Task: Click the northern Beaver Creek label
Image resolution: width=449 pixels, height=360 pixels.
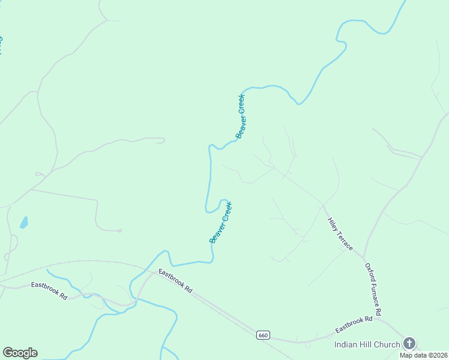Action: tap(241, 116)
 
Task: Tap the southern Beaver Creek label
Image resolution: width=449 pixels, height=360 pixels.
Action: tap(220, 223)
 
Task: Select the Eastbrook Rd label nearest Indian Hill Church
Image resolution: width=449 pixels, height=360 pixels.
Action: tap(354, 324)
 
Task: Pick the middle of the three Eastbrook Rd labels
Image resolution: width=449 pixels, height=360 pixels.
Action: tap(175, 281)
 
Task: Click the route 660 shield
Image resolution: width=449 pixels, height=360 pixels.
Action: tap(262, 334)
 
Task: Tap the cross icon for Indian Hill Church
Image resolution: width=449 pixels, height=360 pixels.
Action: tap(409, 343)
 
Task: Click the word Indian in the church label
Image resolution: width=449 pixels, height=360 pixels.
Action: tap(346, 344)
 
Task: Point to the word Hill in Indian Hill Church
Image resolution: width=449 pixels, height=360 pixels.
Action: tap(366, 344)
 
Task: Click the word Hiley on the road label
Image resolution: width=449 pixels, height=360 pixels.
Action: tap(333, 226)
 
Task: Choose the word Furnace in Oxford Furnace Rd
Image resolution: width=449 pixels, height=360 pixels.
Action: tap(375, 290)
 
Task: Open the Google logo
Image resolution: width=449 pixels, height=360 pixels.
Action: tap(20, 353)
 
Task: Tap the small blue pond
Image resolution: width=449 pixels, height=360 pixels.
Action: tap(24, 223)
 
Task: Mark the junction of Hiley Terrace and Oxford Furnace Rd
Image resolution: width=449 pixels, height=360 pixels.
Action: tap(364, 259)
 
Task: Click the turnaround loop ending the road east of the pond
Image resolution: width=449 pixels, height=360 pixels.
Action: tap(119, 230)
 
